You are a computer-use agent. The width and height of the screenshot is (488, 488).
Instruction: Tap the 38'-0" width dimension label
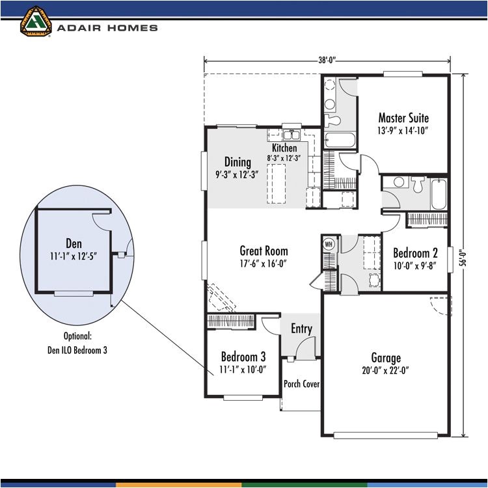point(327,62)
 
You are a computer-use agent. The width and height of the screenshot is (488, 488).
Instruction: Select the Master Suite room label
point(403,118)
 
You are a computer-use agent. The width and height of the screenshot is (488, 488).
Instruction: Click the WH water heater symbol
point(328,243)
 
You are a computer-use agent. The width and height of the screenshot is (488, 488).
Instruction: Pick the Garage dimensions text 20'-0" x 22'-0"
point(386,370)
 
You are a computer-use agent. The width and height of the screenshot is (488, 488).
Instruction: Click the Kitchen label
point(284,148)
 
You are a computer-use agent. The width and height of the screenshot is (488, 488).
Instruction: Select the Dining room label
point(238,162)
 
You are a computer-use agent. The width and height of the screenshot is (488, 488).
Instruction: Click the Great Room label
point(264,251)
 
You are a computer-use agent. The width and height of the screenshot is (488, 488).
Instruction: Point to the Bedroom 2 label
point(415,252)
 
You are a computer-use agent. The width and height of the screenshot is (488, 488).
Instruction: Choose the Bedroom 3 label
point(243,357)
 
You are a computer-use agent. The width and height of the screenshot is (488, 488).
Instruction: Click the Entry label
point(301,329)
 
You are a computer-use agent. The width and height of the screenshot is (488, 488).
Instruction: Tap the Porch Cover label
point(301,384)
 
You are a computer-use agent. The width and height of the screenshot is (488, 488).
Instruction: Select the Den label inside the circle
point(74,244)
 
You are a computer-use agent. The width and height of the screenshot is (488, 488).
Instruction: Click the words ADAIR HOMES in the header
point(107,28)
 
